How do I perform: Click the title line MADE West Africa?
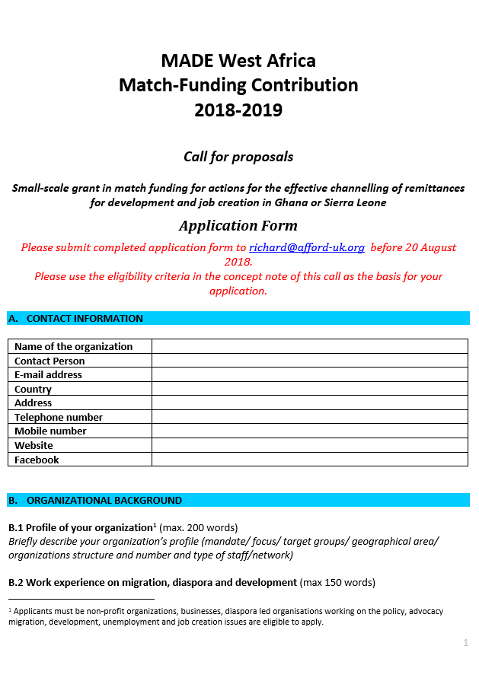[x=238, y=60]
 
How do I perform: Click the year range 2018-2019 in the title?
[x=238, y=110]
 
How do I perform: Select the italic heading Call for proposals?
[x=238, y=157]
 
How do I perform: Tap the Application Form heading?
[x=238, y=226]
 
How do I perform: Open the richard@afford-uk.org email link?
[x=307, y=247]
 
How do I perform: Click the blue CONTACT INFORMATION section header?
[x=238, y=319]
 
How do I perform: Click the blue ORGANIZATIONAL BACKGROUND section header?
[x=238, y=500]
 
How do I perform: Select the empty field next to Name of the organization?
[x=310, y=346]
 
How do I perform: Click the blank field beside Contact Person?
[x=310, y=361]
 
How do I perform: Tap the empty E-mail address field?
[x=310, y=374]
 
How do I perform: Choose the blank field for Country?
[x=310, y=389]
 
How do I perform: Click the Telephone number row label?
[x=59, y=417]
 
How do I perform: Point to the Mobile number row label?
[x=50, y=431]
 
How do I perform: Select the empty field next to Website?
[x=310, y=445]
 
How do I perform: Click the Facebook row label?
[x=37, y=460]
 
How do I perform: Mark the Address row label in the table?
[x=34, y=403]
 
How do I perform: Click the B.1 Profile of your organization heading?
[x=81, y=527]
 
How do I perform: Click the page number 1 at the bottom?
[x=465, y=643]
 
